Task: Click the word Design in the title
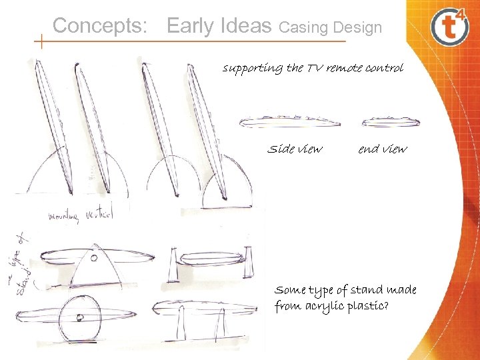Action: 358,28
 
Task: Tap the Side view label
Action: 294,149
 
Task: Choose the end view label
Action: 382,149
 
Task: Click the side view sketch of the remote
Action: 289,121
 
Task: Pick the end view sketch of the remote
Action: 391,121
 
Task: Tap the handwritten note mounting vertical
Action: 81,215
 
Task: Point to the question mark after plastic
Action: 387,306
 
